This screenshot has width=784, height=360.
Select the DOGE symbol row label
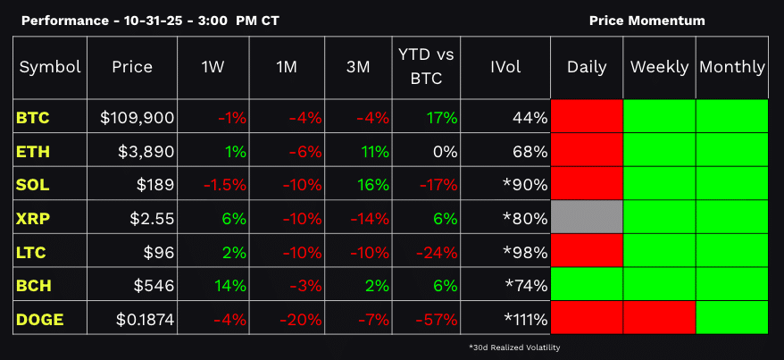pyautogui.click(x=39, y=318)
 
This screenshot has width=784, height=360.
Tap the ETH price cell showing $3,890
pyautogui.click(x=146, y=151)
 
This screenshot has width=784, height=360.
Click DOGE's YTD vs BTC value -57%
pyautogui.click(x=439, y=318)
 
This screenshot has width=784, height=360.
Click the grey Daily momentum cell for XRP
pyautogui.click(x=587, y=217)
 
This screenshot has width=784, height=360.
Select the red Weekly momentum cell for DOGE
pyautogui.click(x=659, y=317)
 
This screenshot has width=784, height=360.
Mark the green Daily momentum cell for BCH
pyautogui.click(x=587, y=284)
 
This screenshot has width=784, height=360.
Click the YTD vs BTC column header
pyautogui.click(x=426, y=67)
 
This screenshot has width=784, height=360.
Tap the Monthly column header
pyautogui.click(x=731, y=67)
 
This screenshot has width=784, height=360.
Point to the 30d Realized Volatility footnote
pyautogui.click(x=513, y=347)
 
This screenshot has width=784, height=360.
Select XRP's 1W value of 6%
pyautogui.click(x=233, y=218)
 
